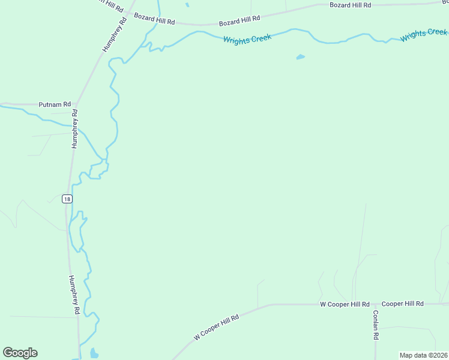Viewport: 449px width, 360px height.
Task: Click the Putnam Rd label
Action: (55, 104)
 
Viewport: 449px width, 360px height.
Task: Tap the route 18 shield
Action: (67, 199)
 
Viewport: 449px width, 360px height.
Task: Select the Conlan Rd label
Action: (376, 326)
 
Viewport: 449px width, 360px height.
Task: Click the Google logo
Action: (20, 353)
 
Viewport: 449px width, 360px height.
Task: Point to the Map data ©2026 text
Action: (423, 355)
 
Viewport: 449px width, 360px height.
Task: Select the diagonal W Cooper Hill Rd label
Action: (216, 327)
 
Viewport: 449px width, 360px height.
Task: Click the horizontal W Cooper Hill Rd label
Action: (345, 304)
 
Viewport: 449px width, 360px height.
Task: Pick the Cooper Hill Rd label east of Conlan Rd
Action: (403, 304)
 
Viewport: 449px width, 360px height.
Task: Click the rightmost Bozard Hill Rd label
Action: (351, 5)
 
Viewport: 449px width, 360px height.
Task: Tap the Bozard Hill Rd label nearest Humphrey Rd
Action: (154, 19)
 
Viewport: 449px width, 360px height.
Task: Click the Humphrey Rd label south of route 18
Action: (74, 295)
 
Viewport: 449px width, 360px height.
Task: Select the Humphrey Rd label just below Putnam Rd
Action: (74, 128)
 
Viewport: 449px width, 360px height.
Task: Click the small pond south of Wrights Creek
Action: (300, 58)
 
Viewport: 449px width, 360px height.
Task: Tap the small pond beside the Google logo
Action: (94, 353)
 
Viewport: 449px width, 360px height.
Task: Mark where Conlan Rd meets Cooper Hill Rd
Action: (375, 304)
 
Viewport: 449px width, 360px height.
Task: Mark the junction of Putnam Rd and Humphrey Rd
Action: (76, 105)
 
